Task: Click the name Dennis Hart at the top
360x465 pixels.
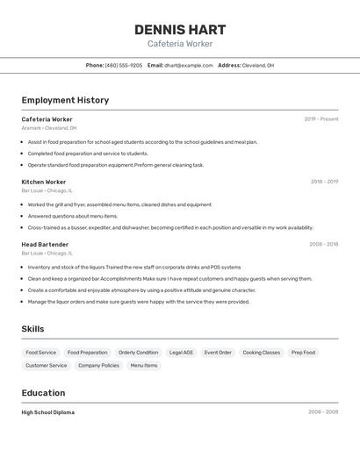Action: tap(180, 29)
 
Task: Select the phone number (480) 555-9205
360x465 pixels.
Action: tap(123, 65)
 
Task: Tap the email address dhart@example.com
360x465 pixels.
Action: tap(188, 65)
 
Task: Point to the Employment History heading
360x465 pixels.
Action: tap(65, 100)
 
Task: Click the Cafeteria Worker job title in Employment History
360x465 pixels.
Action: tap(47, 119)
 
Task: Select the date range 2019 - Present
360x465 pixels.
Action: tap(320, 119)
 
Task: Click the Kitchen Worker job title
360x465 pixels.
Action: tap(44, 182)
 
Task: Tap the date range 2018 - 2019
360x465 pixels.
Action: tap(324, 182)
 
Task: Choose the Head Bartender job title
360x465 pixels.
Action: tap(45, 245)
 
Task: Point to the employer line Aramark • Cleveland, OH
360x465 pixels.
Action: tap(49, 128)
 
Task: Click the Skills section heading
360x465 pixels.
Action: tap(33, 329)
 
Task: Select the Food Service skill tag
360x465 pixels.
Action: tap(41, 353)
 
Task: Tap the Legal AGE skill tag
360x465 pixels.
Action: tap(181, 353)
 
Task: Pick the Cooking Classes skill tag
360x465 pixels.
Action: tap(261, 353)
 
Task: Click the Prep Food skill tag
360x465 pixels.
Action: tap(303, 353)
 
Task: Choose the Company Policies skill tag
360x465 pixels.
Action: tap(98, 365)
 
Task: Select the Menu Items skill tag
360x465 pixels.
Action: tap(144, 365)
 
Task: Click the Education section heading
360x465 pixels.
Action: tap(43, 393)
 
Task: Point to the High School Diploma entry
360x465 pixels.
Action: tap(48, 412)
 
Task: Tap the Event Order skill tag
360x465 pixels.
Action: tap(218, 353)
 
